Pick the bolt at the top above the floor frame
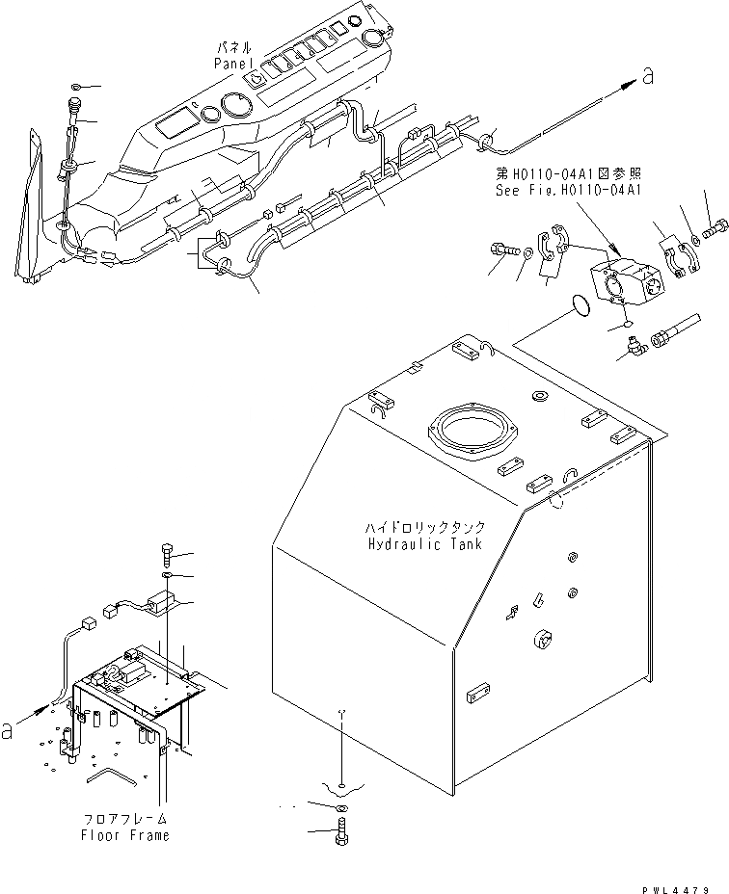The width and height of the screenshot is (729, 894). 167,555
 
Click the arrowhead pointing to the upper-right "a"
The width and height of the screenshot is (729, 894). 628,85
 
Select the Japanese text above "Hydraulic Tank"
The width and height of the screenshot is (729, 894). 423,529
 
